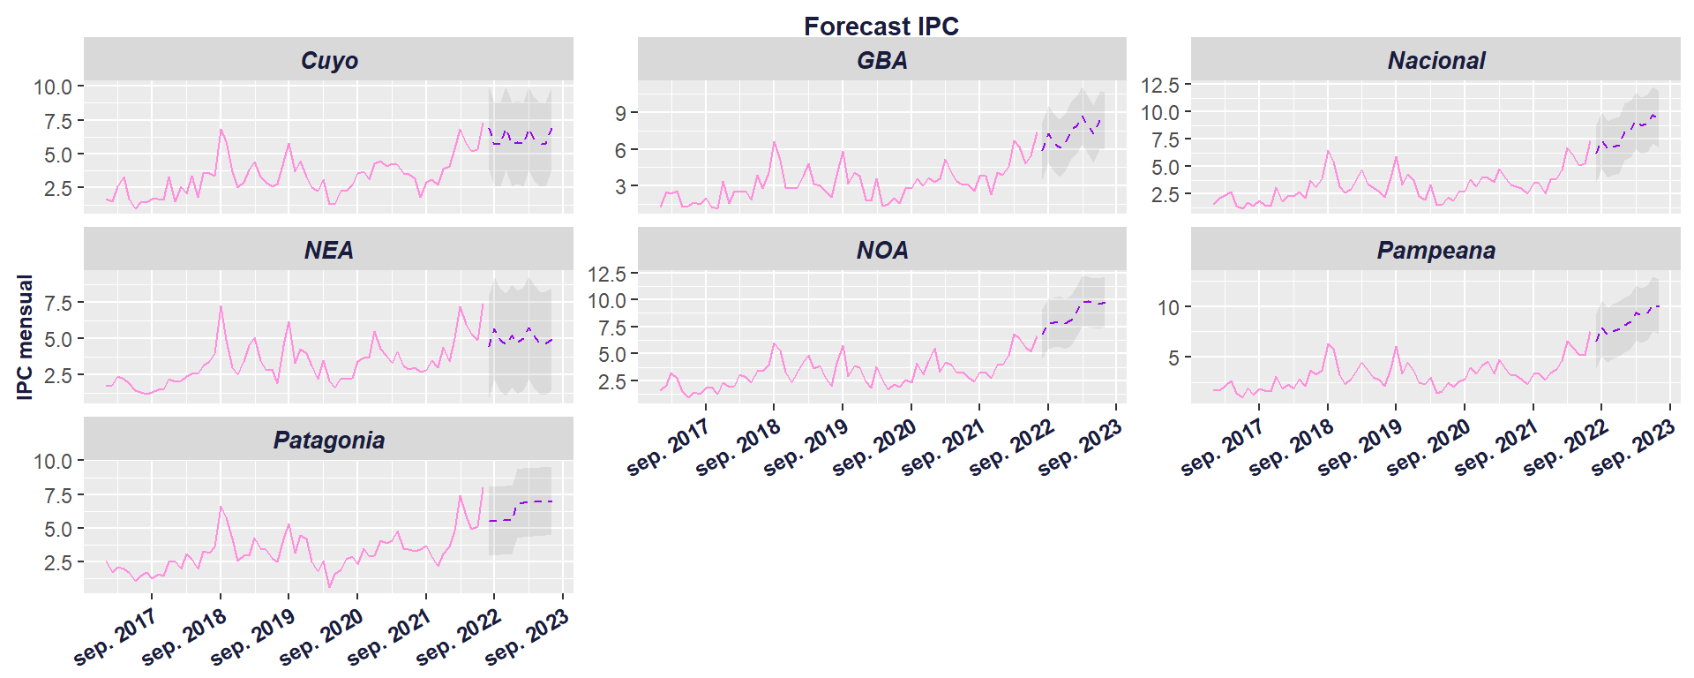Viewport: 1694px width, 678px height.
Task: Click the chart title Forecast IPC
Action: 881,26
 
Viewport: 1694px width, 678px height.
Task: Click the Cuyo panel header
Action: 329,60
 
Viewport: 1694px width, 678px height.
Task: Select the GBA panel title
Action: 881,60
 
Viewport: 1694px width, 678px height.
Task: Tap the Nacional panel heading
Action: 1435,60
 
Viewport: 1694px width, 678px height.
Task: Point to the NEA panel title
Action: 329,250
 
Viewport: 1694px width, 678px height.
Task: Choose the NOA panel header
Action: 881,250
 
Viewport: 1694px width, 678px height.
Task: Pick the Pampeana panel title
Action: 1435,250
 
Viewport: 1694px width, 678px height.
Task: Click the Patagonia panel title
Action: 329,440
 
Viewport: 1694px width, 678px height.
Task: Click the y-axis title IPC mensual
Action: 25,337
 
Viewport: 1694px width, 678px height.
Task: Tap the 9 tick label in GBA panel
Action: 621,113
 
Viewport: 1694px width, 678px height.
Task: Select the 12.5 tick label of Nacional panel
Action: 1159,85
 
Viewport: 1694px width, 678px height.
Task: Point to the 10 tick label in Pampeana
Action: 1168,308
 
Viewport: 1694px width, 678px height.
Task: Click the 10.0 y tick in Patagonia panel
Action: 53,461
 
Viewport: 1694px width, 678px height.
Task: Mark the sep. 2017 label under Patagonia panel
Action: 114,637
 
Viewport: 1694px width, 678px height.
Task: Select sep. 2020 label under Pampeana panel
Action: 1427,448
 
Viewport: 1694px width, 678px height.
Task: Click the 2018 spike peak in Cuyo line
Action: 221,130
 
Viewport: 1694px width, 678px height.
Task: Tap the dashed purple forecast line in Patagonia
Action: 521,503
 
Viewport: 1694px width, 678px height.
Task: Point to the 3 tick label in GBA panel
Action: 621,186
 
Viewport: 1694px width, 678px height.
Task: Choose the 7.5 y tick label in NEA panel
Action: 57,302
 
